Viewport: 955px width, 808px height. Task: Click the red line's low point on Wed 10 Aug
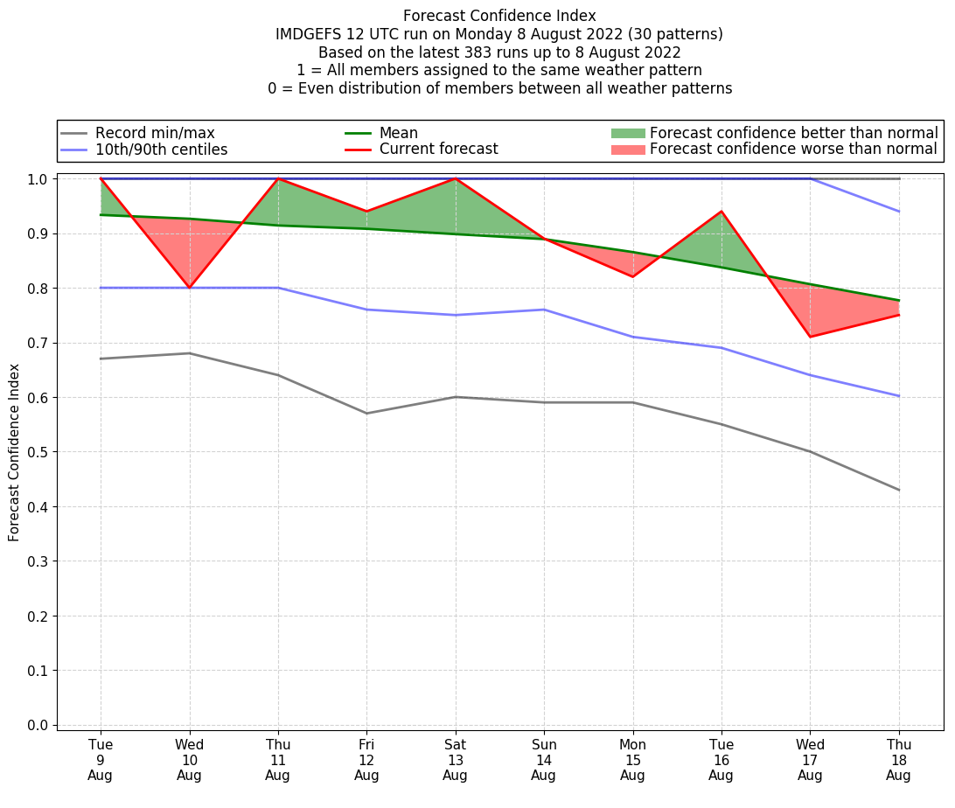click(189, 288)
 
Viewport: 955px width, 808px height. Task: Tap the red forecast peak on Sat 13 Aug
click(455, 178)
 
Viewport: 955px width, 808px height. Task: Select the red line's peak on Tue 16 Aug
click(721, 212)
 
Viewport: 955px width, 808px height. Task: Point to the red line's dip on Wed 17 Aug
click(810, 337)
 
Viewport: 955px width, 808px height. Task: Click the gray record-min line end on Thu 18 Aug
click(899, 490)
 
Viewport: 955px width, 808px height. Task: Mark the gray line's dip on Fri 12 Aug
click(366, 414)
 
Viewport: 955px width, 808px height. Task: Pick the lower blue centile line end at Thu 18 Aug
click(899, 396)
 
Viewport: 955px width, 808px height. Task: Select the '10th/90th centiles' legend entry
click(161, 150)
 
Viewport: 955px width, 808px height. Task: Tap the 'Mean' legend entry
click(398, 133)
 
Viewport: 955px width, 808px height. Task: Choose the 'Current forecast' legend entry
click(438, 150)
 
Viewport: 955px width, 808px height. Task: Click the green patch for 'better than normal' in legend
click(627, 133)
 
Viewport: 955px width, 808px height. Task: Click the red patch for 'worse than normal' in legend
click(627, 150)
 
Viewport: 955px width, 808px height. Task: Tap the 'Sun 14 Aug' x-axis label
click(543, 760)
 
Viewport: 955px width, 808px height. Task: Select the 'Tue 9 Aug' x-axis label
click(101, 760)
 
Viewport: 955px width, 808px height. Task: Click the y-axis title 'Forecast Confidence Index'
click(14, 452)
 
